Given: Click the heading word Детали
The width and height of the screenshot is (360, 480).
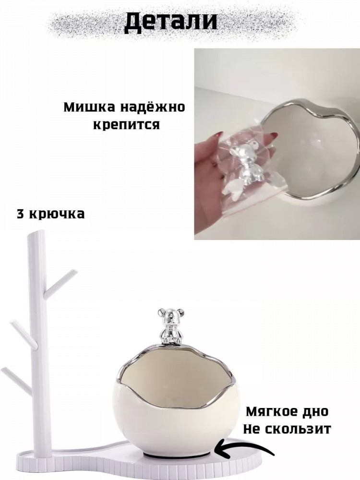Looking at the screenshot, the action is tap(170, 22).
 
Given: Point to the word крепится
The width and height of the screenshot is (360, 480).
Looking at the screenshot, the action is tap(126, 125).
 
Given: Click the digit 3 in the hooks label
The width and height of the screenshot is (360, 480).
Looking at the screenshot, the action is tap(21, 214).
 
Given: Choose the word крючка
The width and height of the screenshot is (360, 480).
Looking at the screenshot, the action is tap(57, 214).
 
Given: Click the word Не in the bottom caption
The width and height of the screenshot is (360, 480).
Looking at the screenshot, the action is tap(252, 429).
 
